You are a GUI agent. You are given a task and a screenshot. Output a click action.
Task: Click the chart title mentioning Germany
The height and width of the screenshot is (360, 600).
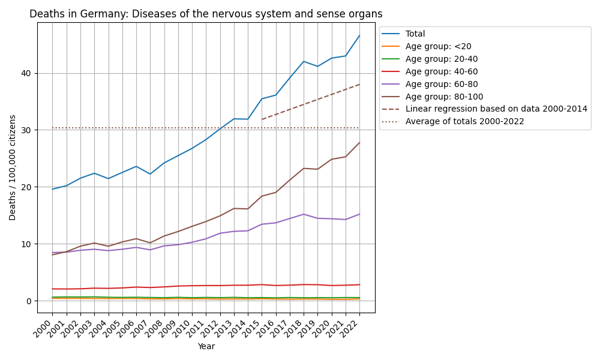point(206,14)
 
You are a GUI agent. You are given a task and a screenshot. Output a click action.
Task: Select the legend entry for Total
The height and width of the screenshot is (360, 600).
point(415,34)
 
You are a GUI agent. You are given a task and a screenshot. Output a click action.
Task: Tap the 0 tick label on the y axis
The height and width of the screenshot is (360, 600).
point(30,301)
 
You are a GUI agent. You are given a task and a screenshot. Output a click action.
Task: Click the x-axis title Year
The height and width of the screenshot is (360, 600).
point(206,346)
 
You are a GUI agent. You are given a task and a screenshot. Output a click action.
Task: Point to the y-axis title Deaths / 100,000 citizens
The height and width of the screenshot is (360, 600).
point(13,167)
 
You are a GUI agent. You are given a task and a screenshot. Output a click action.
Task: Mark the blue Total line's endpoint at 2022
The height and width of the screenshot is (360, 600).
point(359,35)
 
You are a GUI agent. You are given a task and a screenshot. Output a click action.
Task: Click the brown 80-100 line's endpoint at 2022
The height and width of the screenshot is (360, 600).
point(359,142)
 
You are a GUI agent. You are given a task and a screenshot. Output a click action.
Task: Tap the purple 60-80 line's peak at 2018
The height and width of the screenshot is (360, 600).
point(304,214)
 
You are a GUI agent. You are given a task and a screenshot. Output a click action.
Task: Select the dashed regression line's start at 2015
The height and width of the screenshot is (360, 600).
point(262,119)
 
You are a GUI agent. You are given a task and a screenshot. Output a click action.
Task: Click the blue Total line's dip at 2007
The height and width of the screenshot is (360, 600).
point(150,174)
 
